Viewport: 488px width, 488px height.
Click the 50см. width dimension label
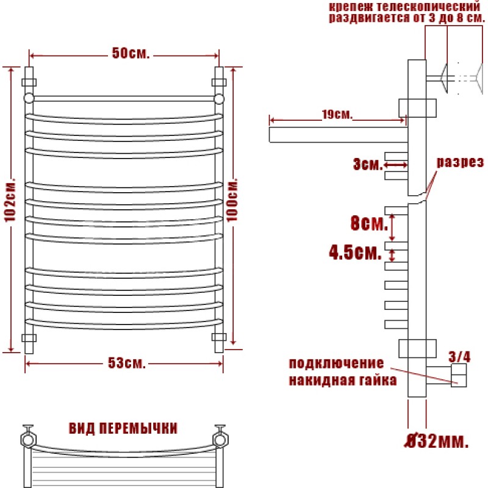(131, 53)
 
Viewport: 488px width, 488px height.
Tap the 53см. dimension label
(127, 363)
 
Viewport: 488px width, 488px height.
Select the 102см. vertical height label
(10, 200)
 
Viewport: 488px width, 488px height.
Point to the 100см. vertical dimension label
(232, 200)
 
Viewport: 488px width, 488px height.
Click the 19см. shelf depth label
(337, 115)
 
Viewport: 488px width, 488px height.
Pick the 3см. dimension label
(368, 163)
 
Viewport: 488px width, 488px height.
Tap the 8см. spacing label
(370, 223)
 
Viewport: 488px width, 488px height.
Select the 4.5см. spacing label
(356, 252)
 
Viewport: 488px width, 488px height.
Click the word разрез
(461, 162)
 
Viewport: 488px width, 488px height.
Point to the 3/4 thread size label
(459, 357)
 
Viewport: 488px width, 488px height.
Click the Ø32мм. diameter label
(436, 440)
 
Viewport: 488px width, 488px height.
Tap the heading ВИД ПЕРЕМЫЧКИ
(123, 428)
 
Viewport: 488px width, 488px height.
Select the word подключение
(337, 363)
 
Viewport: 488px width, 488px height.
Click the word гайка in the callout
(378, 380)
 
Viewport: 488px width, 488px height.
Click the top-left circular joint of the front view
(29, 98)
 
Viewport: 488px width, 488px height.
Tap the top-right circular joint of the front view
(219, 99)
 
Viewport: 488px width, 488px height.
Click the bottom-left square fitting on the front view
(29, 338)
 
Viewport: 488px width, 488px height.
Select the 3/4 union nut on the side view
(459, 375)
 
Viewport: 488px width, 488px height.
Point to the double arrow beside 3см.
(396, 164)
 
